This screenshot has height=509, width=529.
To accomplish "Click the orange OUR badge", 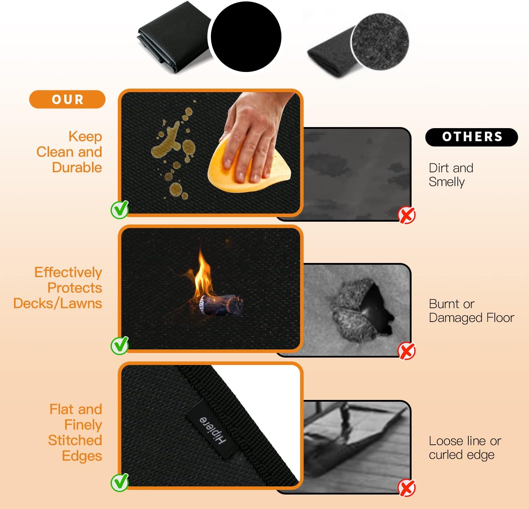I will [67, 99].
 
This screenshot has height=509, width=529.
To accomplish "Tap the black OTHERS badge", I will [472, 137].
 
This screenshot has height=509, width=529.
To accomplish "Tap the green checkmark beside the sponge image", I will [120, 210].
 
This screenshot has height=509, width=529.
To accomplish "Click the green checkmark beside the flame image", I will [120, 346].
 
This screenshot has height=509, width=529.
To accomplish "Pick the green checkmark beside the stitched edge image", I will [120, 483].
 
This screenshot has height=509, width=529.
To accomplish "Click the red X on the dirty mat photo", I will [407, 215].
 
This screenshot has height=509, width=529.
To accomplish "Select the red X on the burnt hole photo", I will [407, 351].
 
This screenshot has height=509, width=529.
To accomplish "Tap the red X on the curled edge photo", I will [407, 488].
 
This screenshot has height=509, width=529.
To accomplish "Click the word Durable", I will [77, 167].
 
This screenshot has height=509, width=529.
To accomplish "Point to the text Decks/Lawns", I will [57, 304].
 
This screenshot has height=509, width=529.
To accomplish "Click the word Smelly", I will [446, 182].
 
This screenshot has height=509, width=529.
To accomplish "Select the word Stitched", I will [75, 440].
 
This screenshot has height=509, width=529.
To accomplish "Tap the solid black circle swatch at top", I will [246, 37].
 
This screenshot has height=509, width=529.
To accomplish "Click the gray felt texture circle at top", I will [380, 42].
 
